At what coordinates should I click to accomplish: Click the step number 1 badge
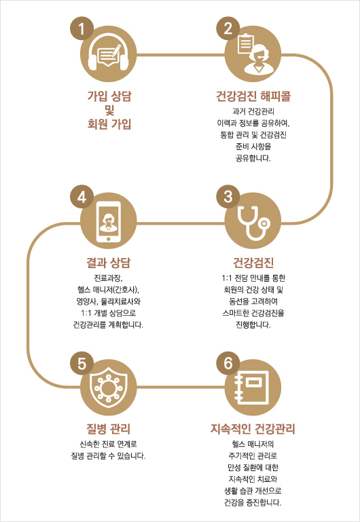point(82,29)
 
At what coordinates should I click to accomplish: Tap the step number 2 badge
point(228,29)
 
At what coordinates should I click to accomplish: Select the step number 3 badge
point(228,197)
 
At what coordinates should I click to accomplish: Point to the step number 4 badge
point(82,197)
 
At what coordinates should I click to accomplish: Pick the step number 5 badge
point(82,364)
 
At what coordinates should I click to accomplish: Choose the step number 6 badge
point(228,364)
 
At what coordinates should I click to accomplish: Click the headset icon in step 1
point(108,55)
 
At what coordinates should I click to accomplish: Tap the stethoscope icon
point(253,223)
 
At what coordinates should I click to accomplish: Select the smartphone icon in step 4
point(108,223)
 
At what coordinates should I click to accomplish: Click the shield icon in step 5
point(108,388)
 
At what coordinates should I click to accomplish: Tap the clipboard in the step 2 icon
point(245,43)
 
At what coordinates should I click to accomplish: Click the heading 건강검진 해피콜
point(253,96)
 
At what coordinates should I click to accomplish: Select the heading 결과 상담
point(108,263)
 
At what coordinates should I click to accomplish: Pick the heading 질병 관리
point(108,429)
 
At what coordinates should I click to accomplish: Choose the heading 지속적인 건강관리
point(253,429)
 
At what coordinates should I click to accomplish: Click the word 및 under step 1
point(109,110)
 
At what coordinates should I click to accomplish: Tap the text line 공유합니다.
point(253,158)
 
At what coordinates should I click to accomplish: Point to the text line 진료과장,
point(109,278)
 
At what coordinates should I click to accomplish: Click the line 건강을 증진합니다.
point(253,502)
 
